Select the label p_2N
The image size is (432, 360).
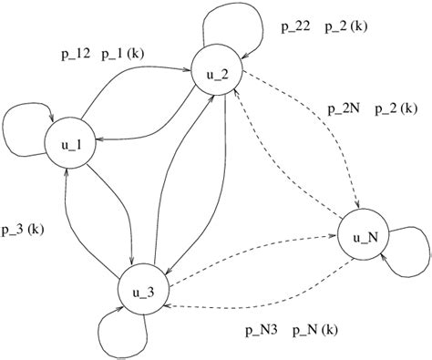343,109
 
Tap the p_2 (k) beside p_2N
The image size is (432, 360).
397,109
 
